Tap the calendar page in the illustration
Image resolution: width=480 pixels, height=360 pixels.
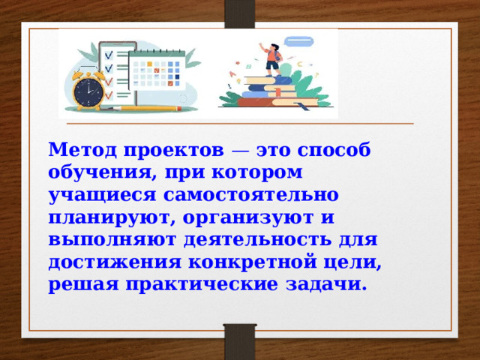(157, 75)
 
